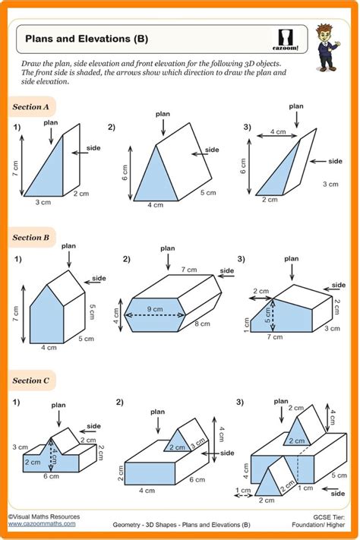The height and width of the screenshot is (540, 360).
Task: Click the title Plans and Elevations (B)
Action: [87, 37]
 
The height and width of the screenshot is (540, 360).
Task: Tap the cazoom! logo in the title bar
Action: [286, 39]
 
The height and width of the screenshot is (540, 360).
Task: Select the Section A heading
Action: [31, 106]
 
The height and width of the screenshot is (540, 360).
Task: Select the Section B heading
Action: [31, 238]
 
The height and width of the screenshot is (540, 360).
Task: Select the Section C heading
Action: [31, 380]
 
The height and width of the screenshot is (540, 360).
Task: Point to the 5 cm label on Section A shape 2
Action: [207, 193]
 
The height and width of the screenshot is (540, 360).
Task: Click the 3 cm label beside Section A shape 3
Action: [330, 185]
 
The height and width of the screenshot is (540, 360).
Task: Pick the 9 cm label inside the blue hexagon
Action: [155, 309]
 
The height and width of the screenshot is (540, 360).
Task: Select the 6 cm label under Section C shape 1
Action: [50, 476]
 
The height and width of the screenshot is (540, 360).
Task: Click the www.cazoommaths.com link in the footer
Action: [42, 523]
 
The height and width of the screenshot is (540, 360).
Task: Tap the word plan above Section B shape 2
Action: [166, 248]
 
